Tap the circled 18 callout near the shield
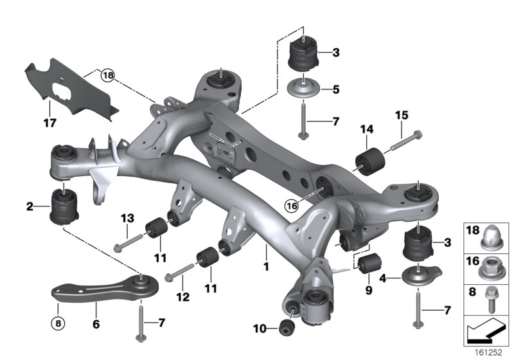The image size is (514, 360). click(107, 76)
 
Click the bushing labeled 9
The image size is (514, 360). click(369, 262)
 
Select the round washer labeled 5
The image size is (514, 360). click(303, 88)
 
